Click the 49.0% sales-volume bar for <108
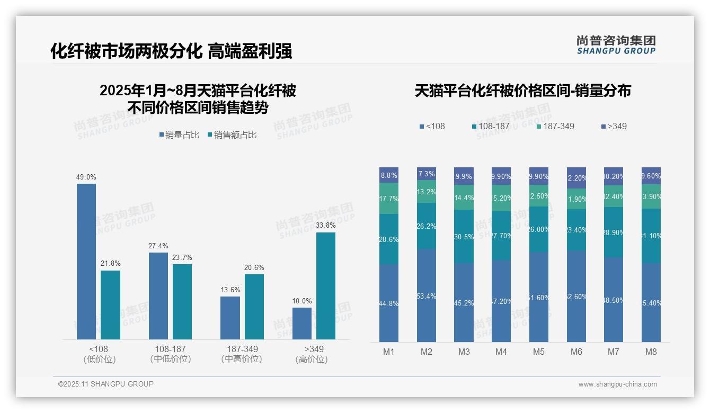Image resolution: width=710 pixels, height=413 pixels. [86, 262]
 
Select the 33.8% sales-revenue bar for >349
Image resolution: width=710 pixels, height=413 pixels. [326, 286]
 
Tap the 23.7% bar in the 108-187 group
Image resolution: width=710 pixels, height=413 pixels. [182, 302]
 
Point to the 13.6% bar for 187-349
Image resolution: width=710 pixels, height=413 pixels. [230, 318]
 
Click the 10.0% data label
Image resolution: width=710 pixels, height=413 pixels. [302, 301]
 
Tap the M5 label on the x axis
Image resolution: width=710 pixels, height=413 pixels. [539, 352]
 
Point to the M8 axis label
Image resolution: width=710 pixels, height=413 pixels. [651, 352]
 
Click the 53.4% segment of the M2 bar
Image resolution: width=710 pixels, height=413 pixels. [427, 295]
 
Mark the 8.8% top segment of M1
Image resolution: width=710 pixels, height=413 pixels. [389, 175]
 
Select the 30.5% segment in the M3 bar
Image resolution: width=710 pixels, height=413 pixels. [464, 237]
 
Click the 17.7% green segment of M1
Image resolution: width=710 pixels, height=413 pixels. [389, 199]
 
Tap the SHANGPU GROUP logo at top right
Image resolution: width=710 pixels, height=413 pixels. [616, 45]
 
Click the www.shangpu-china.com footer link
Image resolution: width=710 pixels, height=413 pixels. [617, 384]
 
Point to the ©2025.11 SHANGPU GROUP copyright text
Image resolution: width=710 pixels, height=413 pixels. [106, 384]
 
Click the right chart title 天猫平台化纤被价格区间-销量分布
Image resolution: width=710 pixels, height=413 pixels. [522, 91]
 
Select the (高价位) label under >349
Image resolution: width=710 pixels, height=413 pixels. [312, 359]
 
